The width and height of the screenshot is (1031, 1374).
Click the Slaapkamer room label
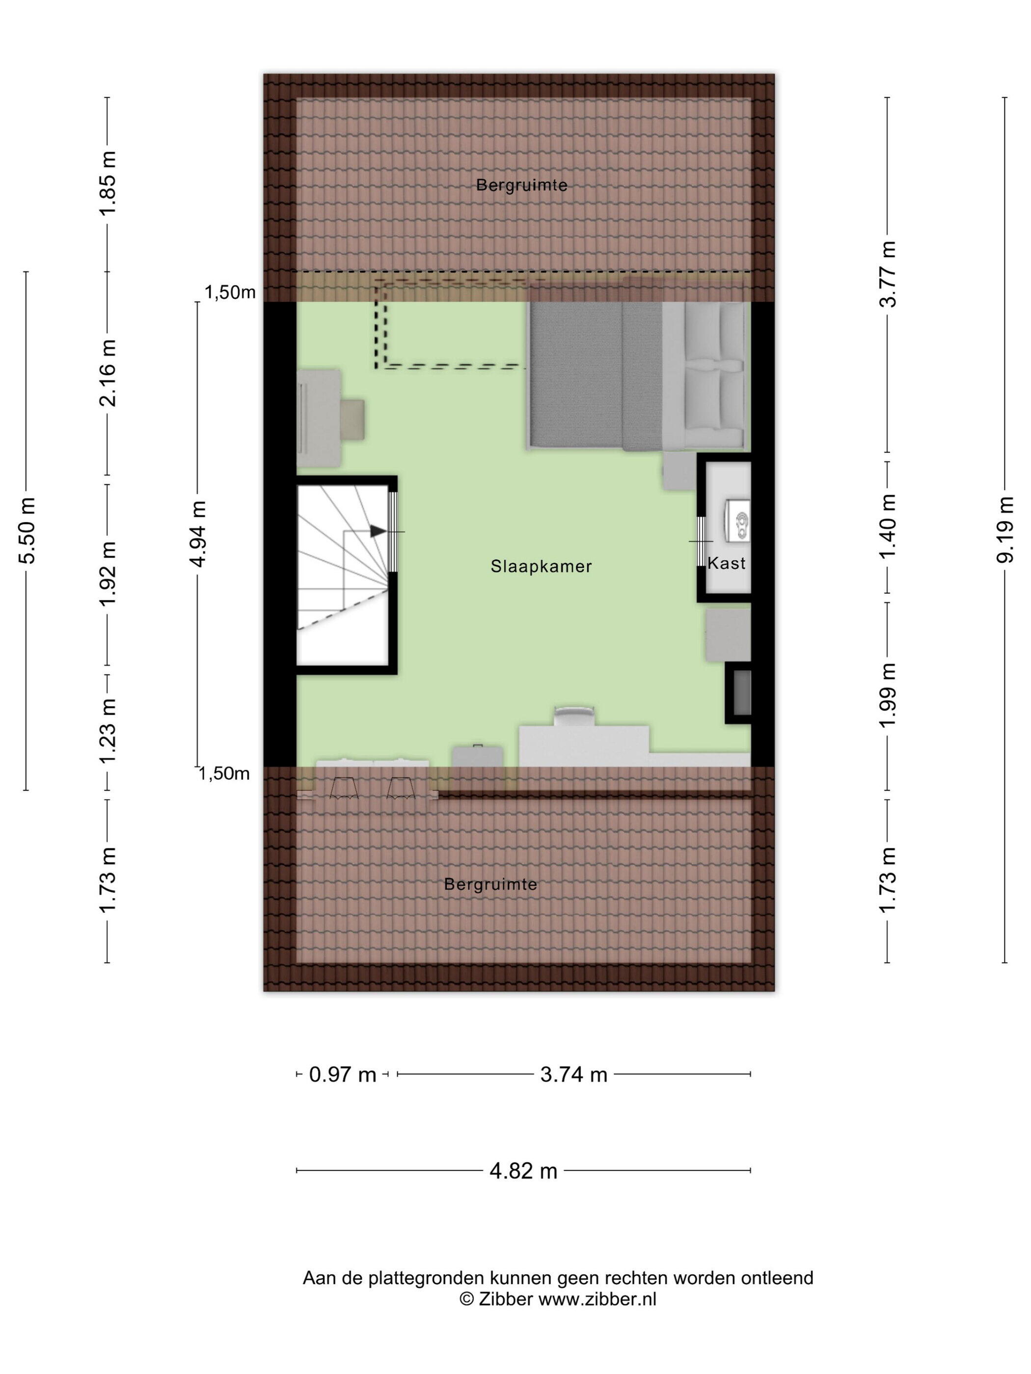[541, 566]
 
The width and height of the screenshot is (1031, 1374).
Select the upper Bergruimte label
[521, 185]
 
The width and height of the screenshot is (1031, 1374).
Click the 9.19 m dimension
[1005, 529]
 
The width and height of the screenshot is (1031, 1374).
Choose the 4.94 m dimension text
[198, 533]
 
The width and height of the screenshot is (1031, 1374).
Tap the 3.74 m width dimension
[573, 1074]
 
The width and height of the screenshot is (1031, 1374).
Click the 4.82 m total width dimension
[523, 1171]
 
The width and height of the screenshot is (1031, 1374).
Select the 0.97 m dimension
[342, 1074]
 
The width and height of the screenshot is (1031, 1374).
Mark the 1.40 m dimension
[888, 527]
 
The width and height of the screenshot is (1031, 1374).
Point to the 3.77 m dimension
[888, 274]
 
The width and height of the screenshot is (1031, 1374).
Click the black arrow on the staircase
[377, 531]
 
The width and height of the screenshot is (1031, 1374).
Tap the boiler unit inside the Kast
[736, 519]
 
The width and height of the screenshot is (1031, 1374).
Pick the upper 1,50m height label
[230, 292]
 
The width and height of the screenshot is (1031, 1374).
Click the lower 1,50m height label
[224, 773]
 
